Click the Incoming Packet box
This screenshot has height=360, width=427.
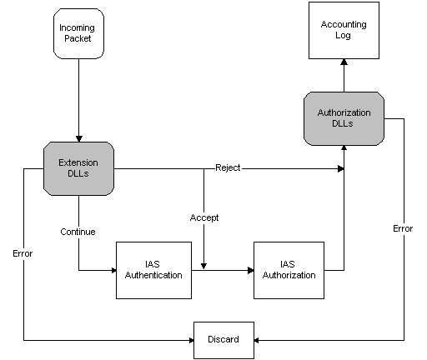(x=78, y=33)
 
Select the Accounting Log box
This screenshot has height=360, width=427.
(x=344, y=30)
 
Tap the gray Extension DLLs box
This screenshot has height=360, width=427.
(x=78, y=168)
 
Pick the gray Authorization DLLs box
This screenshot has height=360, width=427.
(x=344, y=118)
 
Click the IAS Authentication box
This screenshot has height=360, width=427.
(x=153, y=270)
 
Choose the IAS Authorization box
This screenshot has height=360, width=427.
(x=289, y=270)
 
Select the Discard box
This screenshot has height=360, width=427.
(x=224, y=340)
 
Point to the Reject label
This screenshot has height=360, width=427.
(x=228, y=167)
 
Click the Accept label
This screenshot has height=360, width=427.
(x=204, y=217)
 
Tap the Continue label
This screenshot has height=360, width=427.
(x=78, y=232)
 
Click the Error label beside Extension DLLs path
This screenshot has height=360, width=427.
(x=23, y=253)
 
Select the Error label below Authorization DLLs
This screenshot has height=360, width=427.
(x=403, y=228)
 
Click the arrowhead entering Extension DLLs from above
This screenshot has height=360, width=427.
(x=79, y=139)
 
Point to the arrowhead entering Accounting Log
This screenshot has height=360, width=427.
(x=344, y=62)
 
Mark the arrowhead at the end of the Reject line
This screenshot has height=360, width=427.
(x=341, y=168)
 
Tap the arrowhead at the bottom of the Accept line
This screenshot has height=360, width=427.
(x=203, y=267)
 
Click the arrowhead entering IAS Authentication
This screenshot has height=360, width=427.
(x=113, y=270)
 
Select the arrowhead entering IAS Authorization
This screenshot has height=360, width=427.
(x=250, y=270)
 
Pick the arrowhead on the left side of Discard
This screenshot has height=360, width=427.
(x=191, y=340)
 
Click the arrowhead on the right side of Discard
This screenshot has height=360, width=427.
(x=256, y=340)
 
